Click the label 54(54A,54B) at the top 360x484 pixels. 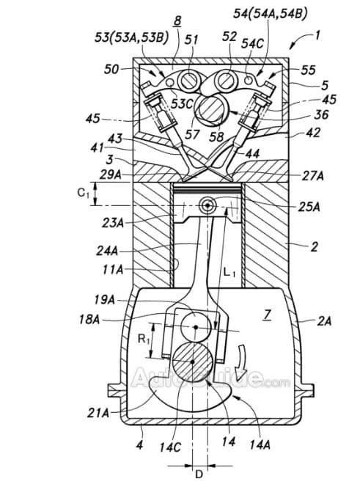(x=270, y=14)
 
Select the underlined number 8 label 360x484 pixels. (x=177, y=21)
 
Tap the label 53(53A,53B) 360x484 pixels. (x=131, y=37)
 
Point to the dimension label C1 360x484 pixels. (x=83, y=194)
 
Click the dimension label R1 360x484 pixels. (x=144, y=340)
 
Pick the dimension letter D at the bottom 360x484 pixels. (x=199, y=474)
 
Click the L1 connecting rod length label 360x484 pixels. (x=229, y=273)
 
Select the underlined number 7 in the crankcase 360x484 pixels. (x=268, y=315)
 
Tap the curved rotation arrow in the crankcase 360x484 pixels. (x=240, y=359)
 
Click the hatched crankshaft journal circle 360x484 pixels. (x=192, y=362)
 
